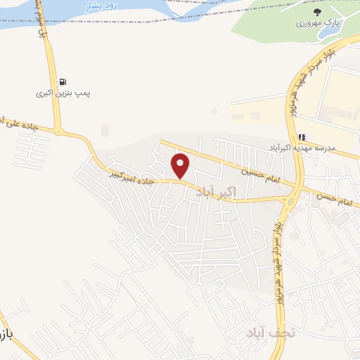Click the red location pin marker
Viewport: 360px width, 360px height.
[x=181, y=166]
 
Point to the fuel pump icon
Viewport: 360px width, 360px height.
[x=63, y=82]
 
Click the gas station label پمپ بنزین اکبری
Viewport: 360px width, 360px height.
[x=65, y=93]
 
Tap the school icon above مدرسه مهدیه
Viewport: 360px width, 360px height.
[x=302, y=137]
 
